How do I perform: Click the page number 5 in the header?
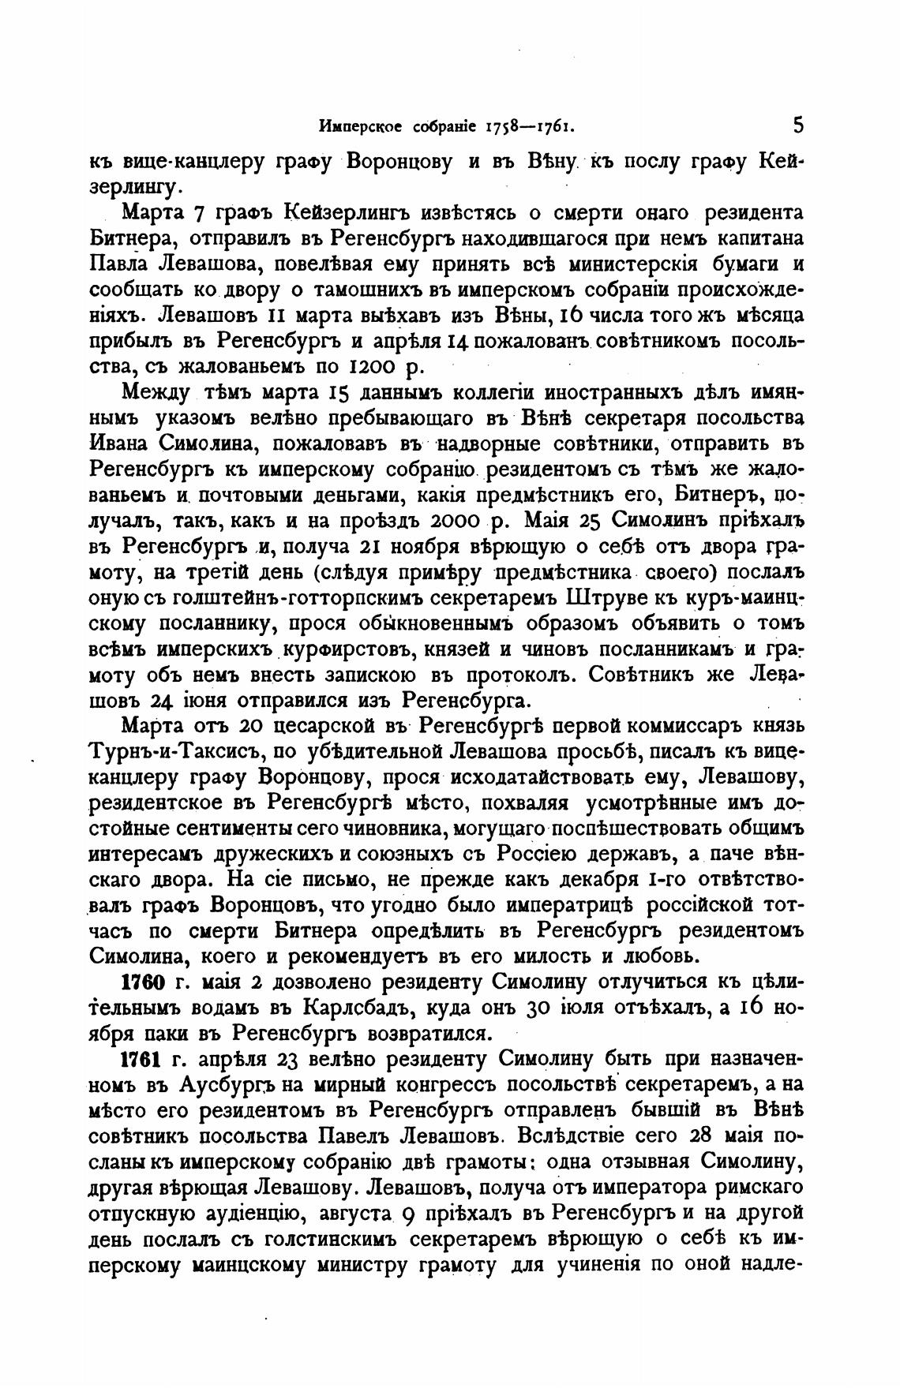click(798, 125)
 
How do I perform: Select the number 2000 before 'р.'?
click(454, 522)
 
